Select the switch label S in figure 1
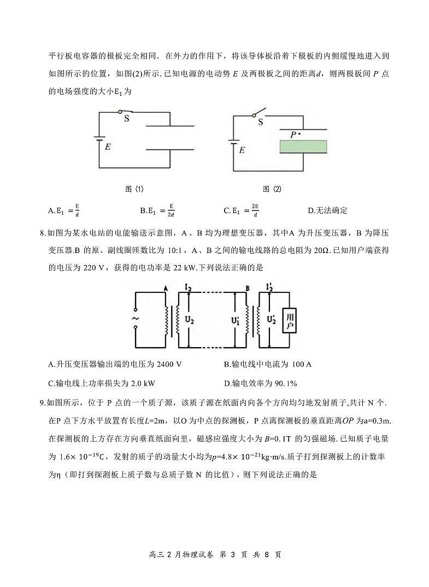126,118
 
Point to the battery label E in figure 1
108,146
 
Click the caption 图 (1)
134,189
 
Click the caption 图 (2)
272,189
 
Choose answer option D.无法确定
328,210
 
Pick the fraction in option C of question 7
255,210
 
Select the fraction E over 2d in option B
171,210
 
